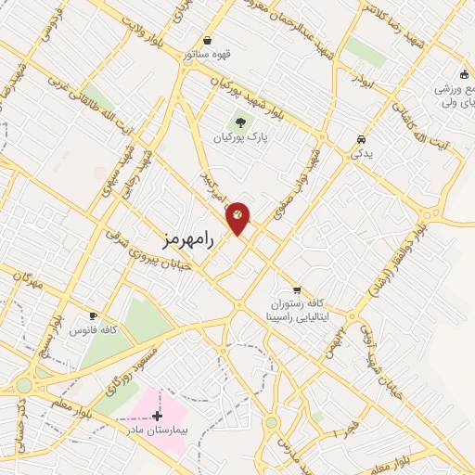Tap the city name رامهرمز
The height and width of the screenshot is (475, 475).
pos(186,238)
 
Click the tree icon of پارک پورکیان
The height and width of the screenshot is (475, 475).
pos(240,122)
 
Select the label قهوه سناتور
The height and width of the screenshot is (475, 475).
pos(207,55)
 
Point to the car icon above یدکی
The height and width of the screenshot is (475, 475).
pos(358,139)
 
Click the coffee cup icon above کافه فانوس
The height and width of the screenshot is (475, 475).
pos(93,315)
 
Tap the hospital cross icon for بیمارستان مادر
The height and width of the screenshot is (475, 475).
pos(157,416)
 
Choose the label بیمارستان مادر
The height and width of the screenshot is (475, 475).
pos(157,431)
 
